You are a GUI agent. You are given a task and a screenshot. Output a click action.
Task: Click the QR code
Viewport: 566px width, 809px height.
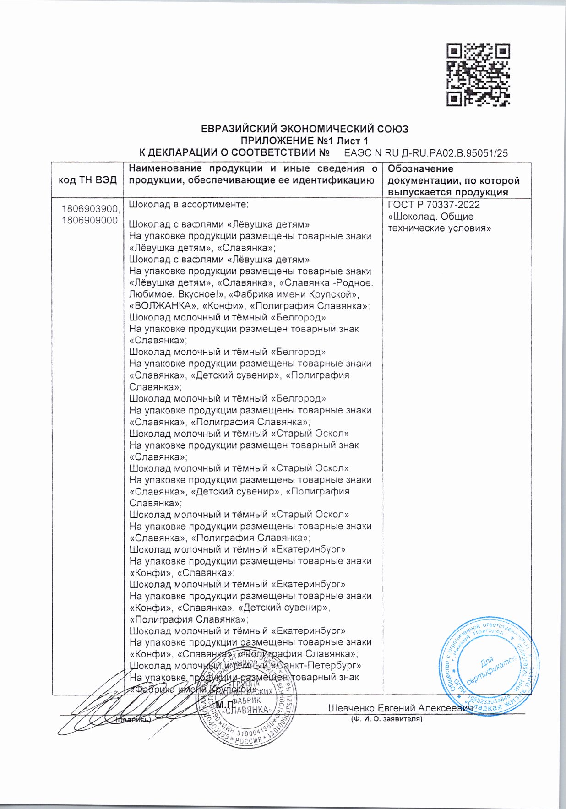(478, 75)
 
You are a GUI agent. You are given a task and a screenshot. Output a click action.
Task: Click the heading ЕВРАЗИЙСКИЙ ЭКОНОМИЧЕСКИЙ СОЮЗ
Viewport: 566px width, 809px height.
(305, 129)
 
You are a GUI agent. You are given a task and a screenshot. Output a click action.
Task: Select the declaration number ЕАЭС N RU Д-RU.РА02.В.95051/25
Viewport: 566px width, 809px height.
(425, 153)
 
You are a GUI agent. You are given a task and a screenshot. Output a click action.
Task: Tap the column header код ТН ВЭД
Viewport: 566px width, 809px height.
(87, 180)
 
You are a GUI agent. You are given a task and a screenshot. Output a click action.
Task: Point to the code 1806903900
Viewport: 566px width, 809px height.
(90, 209)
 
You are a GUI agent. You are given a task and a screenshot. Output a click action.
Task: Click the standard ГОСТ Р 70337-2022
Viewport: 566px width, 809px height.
(434, 205)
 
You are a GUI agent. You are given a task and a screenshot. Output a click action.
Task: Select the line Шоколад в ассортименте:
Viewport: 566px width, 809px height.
(188, 205)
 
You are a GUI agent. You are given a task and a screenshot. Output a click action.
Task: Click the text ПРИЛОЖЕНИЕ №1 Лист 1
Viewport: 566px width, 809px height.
(305, 141)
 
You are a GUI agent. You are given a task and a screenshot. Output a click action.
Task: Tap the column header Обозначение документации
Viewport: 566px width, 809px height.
(453, 180)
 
